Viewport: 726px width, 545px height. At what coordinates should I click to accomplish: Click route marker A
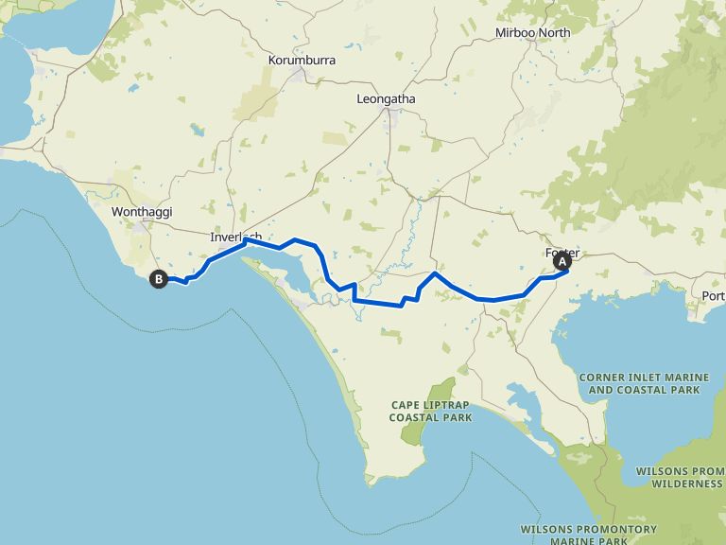pyautogui.click(x=563, y=260)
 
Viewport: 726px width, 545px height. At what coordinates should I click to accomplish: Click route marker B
pyautogui.click(x=159, y=278)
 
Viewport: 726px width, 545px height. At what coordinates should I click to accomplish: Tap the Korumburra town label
pyautogui.click(x=302, y=60)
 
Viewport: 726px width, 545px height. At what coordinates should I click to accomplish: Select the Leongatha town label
pyautogui.click(x=386, y=98)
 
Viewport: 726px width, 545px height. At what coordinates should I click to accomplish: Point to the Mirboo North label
pyautogui.click(x=533, y=33)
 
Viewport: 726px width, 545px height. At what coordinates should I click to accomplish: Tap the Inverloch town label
pyautogui.click(x=234, y=237)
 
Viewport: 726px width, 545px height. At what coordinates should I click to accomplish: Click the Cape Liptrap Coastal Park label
pyautogui.click(x=430, y=411)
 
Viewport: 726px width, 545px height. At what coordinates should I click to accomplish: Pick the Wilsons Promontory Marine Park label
pyautogui.click(x=588, y=536)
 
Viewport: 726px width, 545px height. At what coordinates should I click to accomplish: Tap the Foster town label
pyautogui.click(x=562, y=253)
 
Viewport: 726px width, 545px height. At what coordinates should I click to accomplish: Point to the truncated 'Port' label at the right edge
pyautogui.click(x=714, y=296)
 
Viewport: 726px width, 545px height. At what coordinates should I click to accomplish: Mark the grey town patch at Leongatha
pyautogui.click(x=388, y=115)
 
